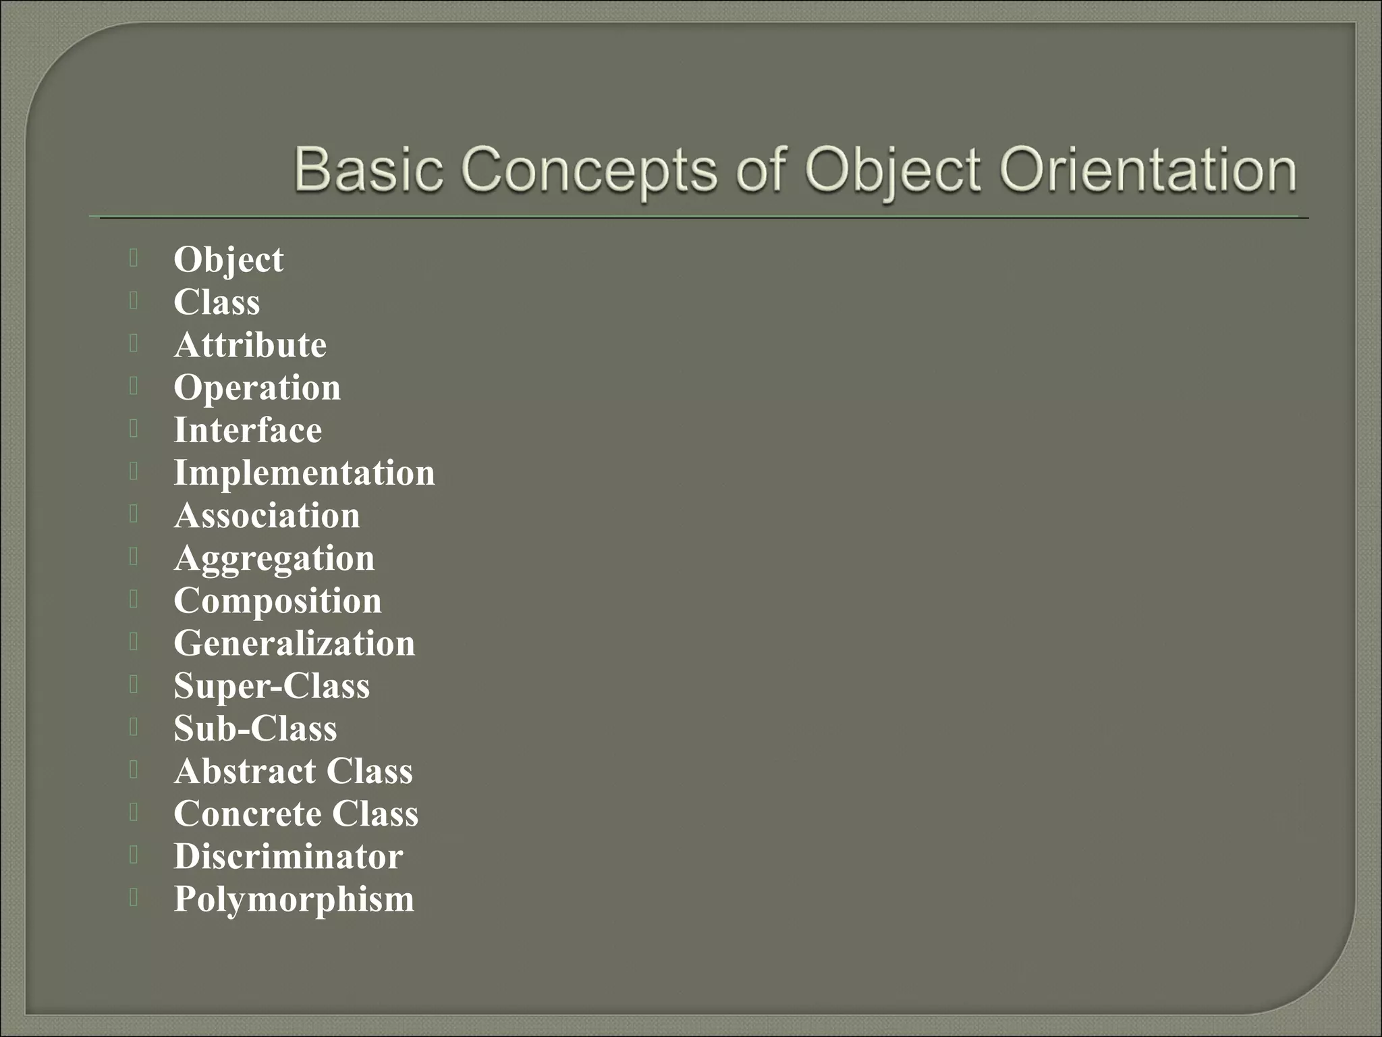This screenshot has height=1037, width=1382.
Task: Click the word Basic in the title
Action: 368,169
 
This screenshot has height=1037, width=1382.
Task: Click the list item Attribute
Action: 250,345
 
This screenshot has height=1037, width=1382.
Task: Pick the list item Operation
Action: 257,388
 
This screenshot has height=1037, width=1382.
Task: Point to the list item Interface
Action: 248,430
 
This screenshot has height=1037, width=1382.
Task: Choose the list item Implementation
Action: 304,473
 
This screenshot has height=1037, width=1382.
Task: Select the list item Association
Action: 267,516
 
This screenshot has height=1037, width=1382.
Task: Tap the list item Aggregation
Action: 274,559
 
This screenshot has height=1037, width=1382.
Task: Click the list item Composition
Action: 277,601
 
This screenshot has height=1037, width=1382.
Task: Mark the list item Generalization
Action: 294,643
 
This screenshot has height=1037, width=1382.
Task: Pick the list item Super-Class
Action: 272,686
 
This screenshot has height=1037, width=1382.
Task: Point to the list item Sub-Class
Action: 255,728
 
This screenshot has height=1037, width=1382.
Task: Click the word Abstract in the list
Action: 245,771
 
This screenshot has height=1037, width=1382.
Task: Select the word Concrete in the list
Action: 247,814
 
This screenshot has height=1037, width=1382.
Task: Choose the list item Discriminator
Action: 288,856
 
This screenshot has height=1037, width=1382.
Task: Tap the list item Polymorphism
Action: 294,899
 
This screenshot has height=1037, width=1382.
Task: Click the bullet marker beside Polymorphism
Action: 134,897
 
